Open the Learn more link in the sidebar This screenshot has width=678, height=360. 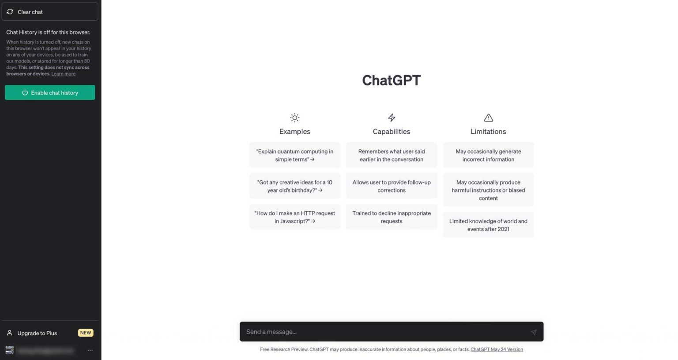pyautogui.click(x=63, y=74)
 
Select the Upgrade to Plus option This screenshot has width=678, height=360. pyautogui.click(x=37, y=333)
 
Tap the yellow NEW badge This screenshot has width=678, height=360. pyautogui.click(x=86, y=333)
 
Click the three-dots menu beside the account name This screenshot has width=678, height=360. pyautogui.click(x=90, y=350)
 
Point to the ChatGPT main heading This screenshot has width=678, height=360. pyautogui.click(x=391, y=80)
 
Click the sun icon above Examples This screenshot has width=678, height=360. pyautogui.click(x=294, y=117)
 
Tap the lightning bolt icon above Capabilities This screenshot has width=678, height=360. pyautogui.click(x=392, y=117)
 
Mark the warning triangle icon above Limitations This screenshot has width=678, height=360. pyautogui.click(x=488, y=117)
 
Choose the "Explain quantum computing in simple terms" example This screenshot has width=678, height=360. pyautogui.click(x=294, y=155)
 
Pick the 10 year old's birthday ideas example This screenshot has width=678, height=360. pyautogui.click(x=294, y=186)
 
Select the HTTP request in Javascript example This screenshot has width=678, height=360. pyautogui.click(x=294, y=217)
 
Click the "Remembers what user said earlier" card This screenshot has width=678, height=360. pyautogui.click(x=392, y=155)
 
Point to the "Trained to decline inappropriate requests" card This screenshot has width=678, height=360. pyautogui.click(x=392, y=217)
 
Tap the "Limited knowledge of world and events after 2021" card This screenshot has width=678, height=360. pyautogui.click(x=488, y=225)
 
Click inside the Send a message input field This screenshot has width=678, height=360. pyautogui.click(x=384, y=332)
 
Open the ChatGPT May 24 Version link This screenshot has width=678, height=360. pyautogui.click(x=497, y=349)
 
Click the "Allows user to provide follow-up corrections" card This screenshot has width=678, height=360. pyautogui.click(x=392, y=186)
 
